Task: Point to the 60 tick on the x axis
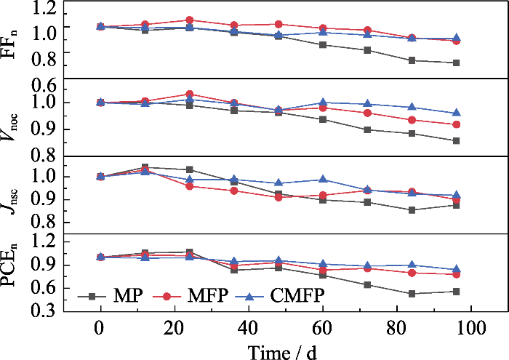[322, 324]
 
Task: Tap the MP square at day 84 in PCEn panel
[412, 294]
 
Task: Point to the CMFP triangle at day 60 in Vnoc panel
[323, 103]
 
